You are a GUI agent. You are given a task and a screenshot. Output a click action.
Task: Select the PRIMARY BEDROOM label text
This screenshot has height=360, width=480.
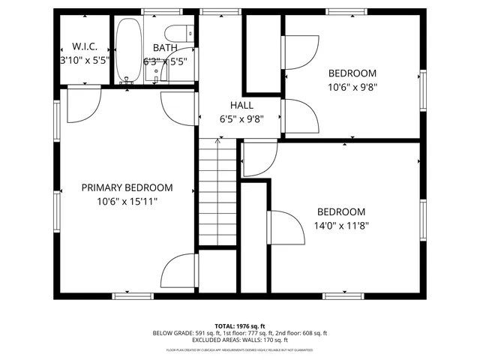coord(127,187)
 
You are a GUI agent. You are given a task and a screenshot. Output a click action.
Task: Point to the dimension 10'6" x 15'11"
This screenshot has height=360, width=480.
coord(127,201)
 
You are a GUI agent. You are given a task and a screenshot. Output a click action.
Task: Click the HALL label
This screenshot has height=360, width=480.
coord(241,106)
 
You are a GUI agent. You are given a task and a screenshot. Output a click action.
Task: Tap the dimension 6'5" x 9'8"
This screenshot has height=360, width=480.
coord(241,118)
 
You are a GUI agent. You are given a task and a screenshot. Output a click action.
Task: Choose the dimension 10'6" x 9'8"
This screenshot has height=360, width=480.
coord(352,86)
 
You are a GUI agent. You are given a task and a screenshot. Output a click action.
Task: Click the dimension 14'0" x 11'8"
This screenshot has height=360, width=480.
coord(341,224)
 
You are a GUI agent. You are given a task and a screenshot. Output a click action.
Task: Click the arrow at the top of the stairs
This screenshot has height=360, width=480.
coord(217,140)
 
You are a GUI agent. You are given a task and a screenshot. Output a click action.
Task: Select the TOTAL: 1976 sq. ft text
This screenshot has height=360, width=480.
coord(240,326)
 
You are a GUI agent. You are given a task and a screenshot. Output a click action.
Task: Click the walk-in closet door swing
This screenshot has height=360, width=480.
coord(83,106)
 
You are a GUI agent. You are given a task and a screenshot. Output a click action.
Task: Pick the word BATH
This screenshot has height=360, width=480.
coord(164,46)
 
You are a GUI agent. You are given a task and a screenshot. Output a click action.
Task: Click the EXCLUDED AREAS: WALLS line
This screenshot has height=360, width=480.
coord(240,340)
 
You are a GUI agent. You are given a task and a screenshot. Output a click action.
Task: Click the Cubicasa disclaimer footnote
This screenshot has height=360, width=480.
coord(240,349)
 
